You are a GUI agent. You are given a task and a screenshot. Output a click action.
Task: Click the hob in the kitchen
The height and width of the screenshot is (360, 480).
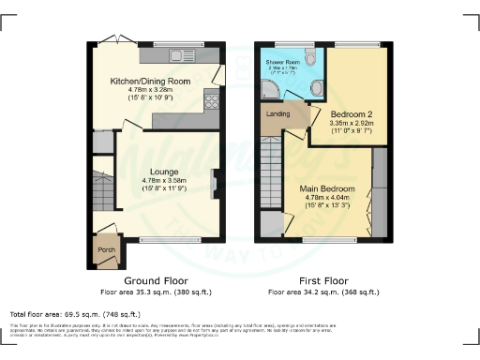pos(212,104)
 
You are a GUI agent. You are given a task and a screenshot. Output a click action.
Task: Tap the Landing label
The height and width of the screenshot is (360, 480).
pos(278,114)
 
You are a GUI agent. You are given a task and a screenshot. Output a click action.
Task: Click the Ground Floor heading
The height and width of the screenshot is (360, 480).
pos(156,280)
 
